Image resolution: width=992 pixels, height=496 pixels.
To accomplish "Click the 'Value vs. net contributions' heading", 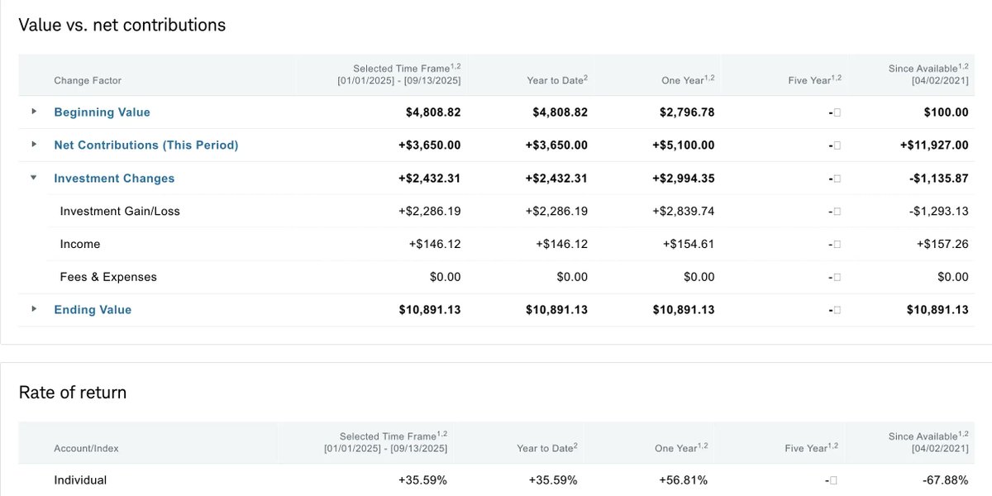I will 122,25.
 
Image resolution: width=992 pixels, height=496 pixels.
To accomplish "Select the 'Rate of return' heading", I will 73,392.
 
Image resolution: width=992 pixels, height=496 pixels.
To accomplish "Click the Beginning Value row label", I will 102,112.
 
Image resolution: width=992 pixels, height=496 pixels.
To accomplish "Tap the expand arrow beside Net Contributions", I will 34,145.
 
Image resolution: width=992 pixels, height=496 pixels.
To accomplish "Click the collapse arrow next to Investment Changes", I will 34,178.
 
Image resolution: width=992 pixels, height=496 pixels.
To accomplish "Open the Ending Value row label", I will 93,310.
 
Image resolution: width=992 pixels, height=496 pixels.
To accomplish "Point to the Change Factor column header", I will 88,80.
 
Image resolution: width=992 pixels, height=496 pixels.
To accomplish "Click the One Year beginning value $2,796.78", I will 683,112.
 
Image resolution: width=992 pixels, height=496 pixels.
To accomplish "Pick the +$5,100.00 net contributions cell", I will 683,145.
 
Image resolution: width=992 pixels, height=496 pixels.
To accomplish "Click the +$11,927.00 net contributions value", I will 934,145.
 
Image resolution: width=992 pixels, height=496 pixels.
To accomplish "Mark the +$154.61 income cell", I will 688,245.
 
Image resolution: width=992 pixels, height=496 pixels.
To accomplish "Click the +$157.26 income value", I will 942,245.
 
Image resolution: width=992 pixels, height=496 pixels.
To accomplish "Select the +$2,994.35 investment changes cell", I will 683,179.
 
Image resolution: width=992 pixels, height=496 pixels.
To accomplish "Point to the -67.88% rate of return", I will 945,480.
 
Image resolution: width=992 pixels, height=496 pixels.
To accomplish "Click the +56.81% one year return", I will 683,480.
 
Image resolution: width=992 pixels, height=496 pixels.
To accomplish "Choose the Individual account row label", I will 80,480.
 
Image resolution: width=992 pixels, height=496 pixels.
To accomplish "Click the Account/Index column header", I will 86,448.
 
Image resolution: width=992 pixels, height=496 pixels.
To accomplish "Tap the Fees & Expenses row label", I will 108,277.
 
